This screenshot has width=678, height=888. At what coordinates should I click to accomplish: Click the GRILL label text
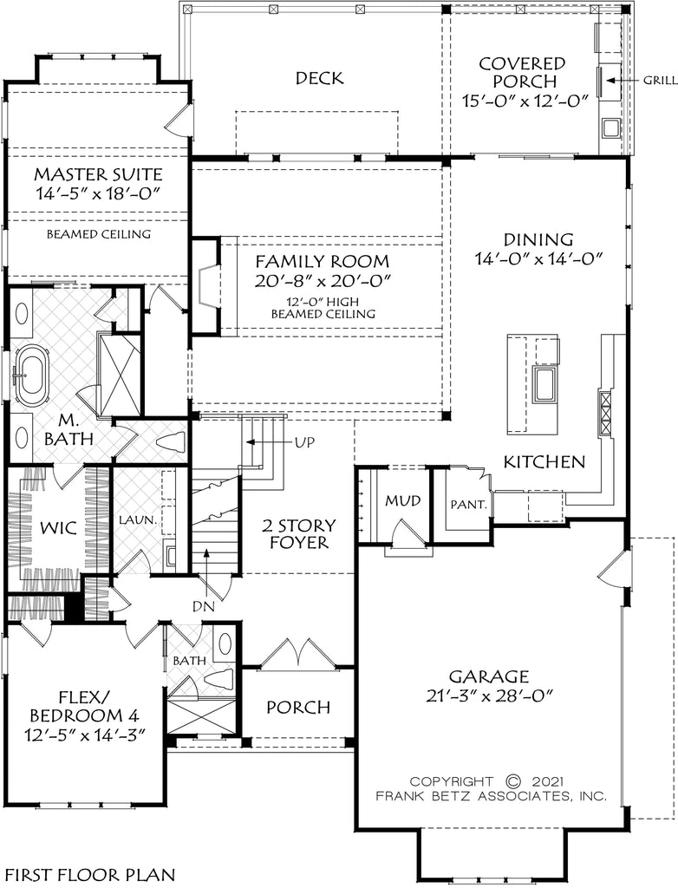(660, 81)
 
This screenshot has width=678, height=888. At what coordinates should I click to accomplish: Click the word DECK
(319, 78)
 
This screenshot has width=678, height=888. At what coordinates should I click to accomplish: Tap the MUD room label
(403, 500)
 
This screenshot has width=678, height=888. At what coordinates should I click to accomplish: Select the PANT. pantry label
(469, 504)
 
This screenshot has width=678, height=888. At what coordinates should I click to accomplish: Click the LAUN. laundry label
(138, 519)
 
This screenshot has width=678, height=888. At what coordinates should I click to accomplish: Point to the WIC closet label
(59, 528)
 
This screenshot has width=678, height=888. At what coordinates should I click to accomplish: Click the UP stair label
(304, 441)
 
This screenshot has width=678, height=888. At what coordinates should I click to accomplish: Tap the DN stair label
(204, 606)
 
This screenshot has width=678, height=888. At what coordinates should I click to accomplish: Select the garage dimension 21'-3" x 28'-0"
(489, 695)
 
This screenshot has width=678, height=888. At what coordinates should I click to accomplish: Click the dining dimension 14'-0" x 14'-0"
(538, 258)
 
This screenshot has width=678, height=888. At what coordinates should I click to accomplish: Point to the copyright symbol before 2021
(512, 781)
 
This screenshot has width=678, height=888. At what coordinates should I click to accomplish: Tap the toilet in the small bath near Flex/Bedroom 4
(218, 679)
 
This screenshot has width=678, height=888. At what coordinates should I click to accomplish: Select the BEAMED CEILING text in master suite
(99, 233)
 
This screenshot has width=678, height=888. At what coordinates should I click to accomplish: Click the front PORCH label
(298, 707)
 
